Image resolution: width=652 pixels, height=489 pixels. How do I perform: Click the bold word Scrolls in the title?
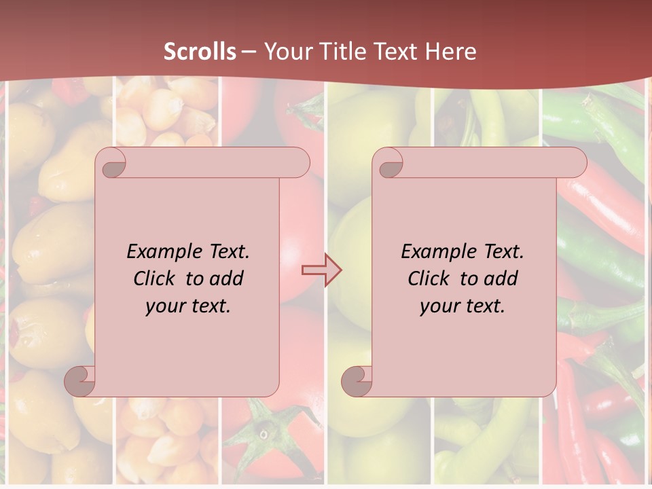[200, 52]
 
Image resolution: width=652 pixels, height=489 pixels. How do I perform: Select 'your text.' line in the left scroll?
[188, 306]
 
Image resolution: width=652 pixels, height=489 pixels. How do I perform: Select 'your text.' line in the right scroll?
[463, 306]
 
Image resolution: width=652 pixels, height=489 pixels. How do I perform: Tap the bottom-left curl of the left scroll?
[80, 380]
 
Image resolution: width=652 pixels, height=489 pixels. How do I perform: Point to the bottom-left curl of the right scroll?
[356, 380]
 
